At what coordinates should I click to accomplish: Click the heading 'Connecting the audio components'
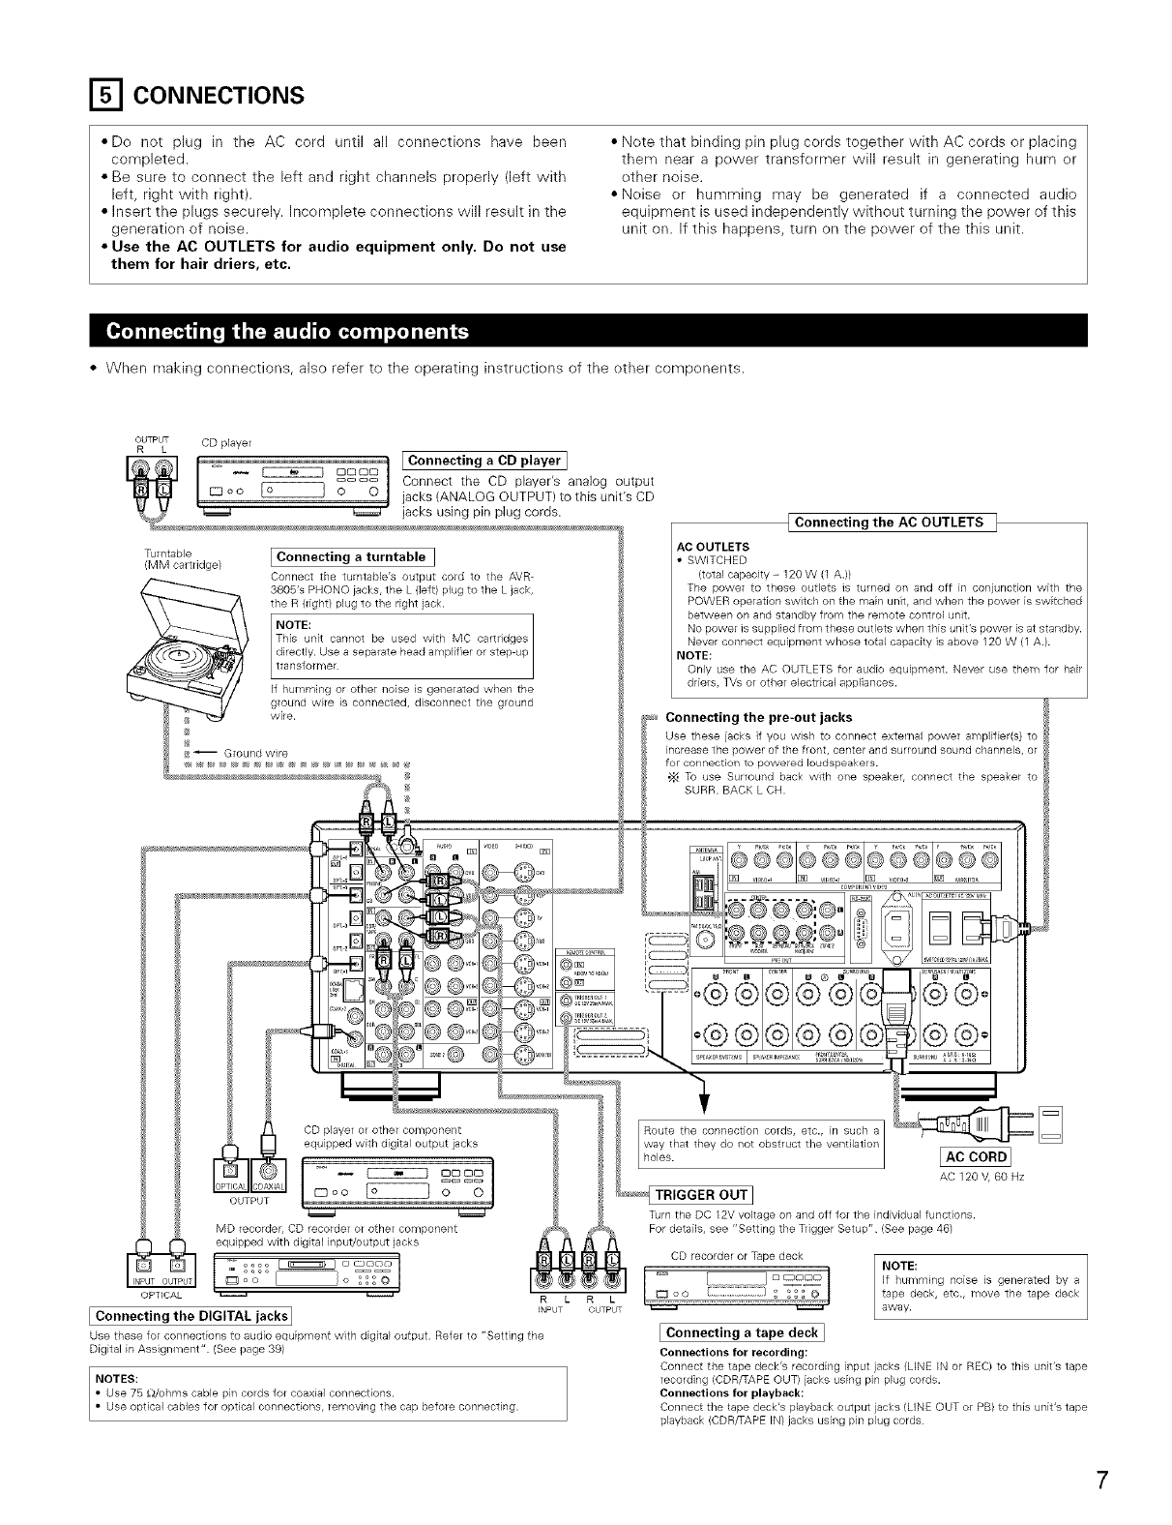tap(288, 332)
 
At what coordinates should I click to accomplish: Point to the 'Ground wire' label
tap(255, 752)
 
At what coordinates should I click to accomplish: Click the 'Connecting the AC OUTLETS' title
tap(889, 523)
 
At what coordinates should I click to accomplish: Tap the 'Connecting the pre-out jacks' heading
tap(759, 717)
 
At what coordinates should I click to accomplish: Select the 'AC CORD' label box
tap(976, 1157)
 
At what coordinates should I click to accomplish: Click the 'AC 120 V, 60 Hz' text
tap(982, 1177)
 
